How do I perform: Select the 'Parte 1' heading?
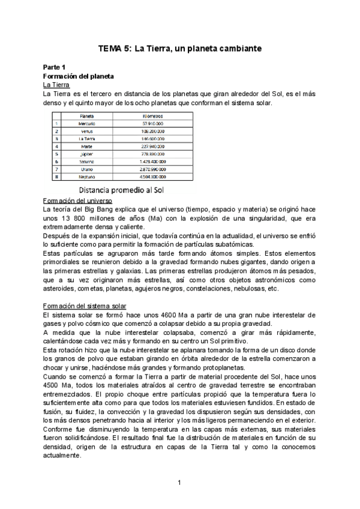point(55,68)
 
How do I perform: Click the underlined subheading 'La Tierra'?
point(56,86)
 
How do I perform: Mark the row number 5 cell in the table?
point(56,154)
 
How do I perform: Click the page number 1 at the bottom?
point(180,482)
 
